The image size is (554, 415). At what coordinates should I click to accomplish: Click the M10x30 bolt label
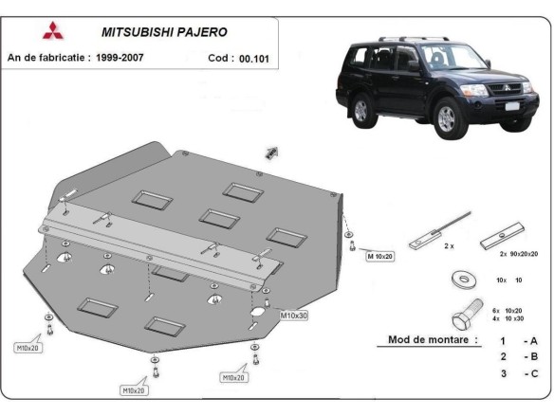click(292, 315)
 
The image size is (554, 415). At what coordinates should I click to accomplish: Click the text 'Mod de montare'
click(433, 339)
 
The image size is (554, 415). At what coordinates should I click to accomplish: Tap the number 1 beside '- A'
click(503, 339)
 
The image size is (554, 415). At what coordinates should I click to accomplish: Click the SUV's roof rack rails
click(399, 41)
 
